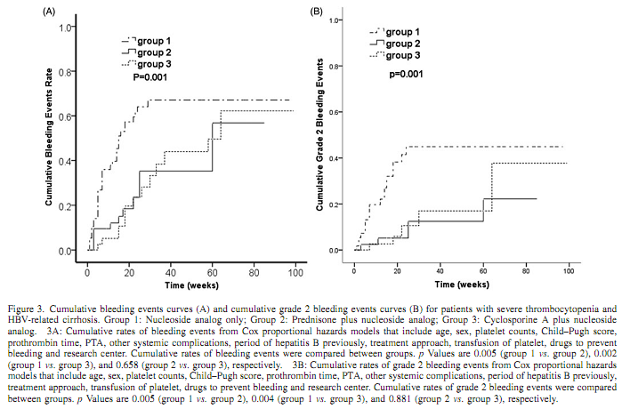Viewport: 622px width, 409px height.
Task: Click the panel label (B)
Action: click(316, 12)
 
